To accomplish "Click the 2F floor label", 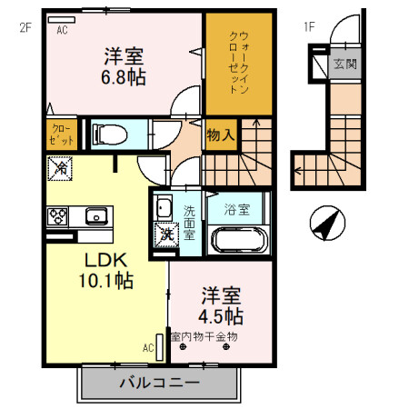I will click(x=25, y=27).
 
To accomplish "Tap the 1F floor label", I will click(x=309, y=27).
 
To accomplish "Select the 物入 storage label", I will click(x=221, y=135).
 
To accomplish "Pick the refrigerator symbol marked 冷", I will click(x=60, y=168).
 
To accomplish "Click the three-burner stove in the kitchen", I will click(x=58, y=216).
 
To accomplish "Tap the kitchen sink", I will click(x=95, y=216).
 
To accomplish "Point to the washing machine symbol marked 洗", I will click(x=166, y=233).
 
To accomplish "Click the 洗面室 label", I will click(x=189, y=223).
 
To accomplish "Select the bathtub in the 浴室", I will click(x=237, y=241).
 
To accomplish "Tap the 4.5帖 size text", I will click(x=221, y=316).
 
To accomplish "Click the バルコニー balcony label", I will click(x=159, y=384).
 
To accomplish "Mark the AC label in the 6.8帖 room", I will click(x=63, y=29).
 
